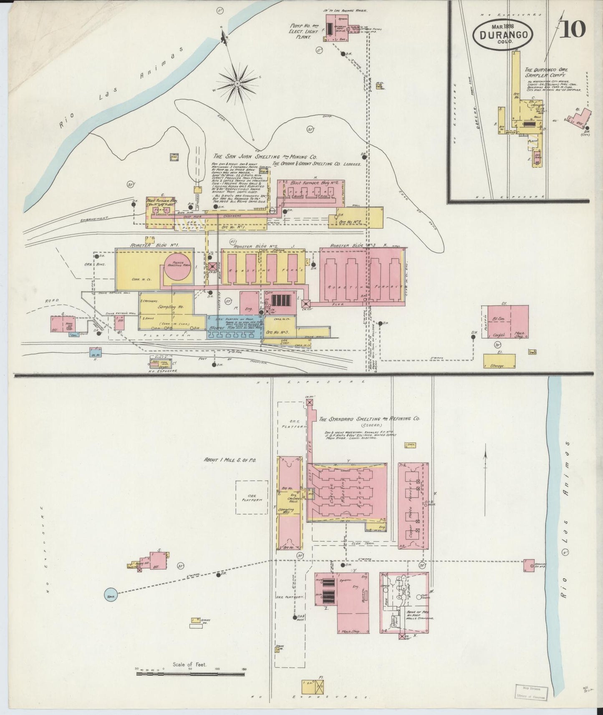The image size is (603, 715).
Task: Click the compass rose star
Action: [237, 84]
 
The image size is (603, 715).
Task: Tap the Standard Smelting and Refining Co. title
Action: [369, 419]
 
